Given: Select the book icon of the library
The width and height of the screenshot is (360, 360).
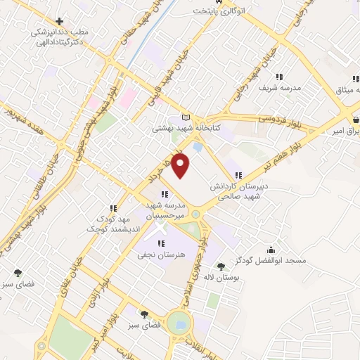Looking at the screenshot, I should [186, 117].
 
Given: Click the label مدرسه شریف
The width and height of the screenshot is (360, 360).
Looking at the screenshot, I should [282, 88].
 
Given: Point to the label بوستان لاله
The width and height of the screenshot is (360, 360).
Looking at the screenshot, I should [221, 277].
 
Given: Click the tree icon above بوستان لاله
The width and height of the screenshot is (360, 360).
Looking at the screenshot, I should [221, 266].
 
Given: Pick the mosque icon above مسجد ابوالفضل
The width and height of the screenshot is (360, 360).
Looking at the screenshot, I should [271, 250].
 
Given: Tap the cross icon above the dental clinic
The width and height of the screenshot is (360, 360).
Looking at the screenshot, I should [59, 21].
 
